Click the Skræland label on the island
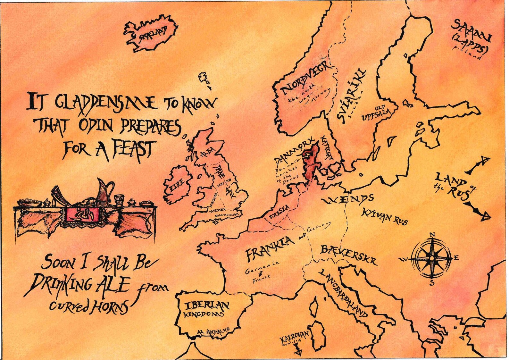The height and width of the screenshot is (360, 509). tap(153, 34)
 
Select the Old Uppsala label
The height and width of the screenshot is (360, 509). tap(377, 113)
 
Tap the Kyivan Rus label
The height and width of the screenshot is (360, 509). tap(385, 216)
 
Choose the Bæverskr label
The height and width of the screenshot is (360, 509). tap(348, 255)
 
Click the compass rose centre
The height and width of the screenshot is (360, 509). tap(432, 258)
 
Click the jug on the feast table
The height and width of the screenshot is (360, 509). tap(104, 192)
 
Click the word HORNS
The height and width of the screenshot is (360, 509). tap(110, 307)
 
